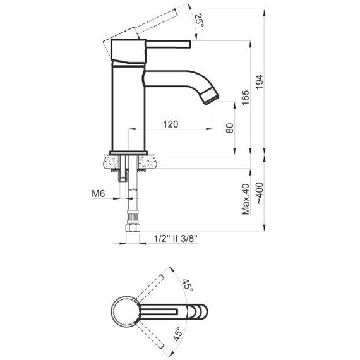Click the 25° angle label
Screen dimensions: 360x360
click(200, 19)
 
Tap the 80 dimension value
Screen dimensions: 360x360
click(229, 128)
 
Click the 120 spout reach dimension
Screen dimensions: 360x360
click(170, 124)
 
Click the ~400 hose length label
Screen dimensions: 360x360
click(260, 199)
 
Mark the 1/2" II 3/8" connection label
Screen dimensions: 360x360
click(176, 238)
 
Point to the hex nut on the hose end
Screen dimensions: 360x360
click(133, 224)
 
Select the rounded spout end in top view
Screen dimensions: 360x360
click(201, 309)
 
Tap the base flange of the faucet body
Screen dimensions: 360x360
click(129, 152)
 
